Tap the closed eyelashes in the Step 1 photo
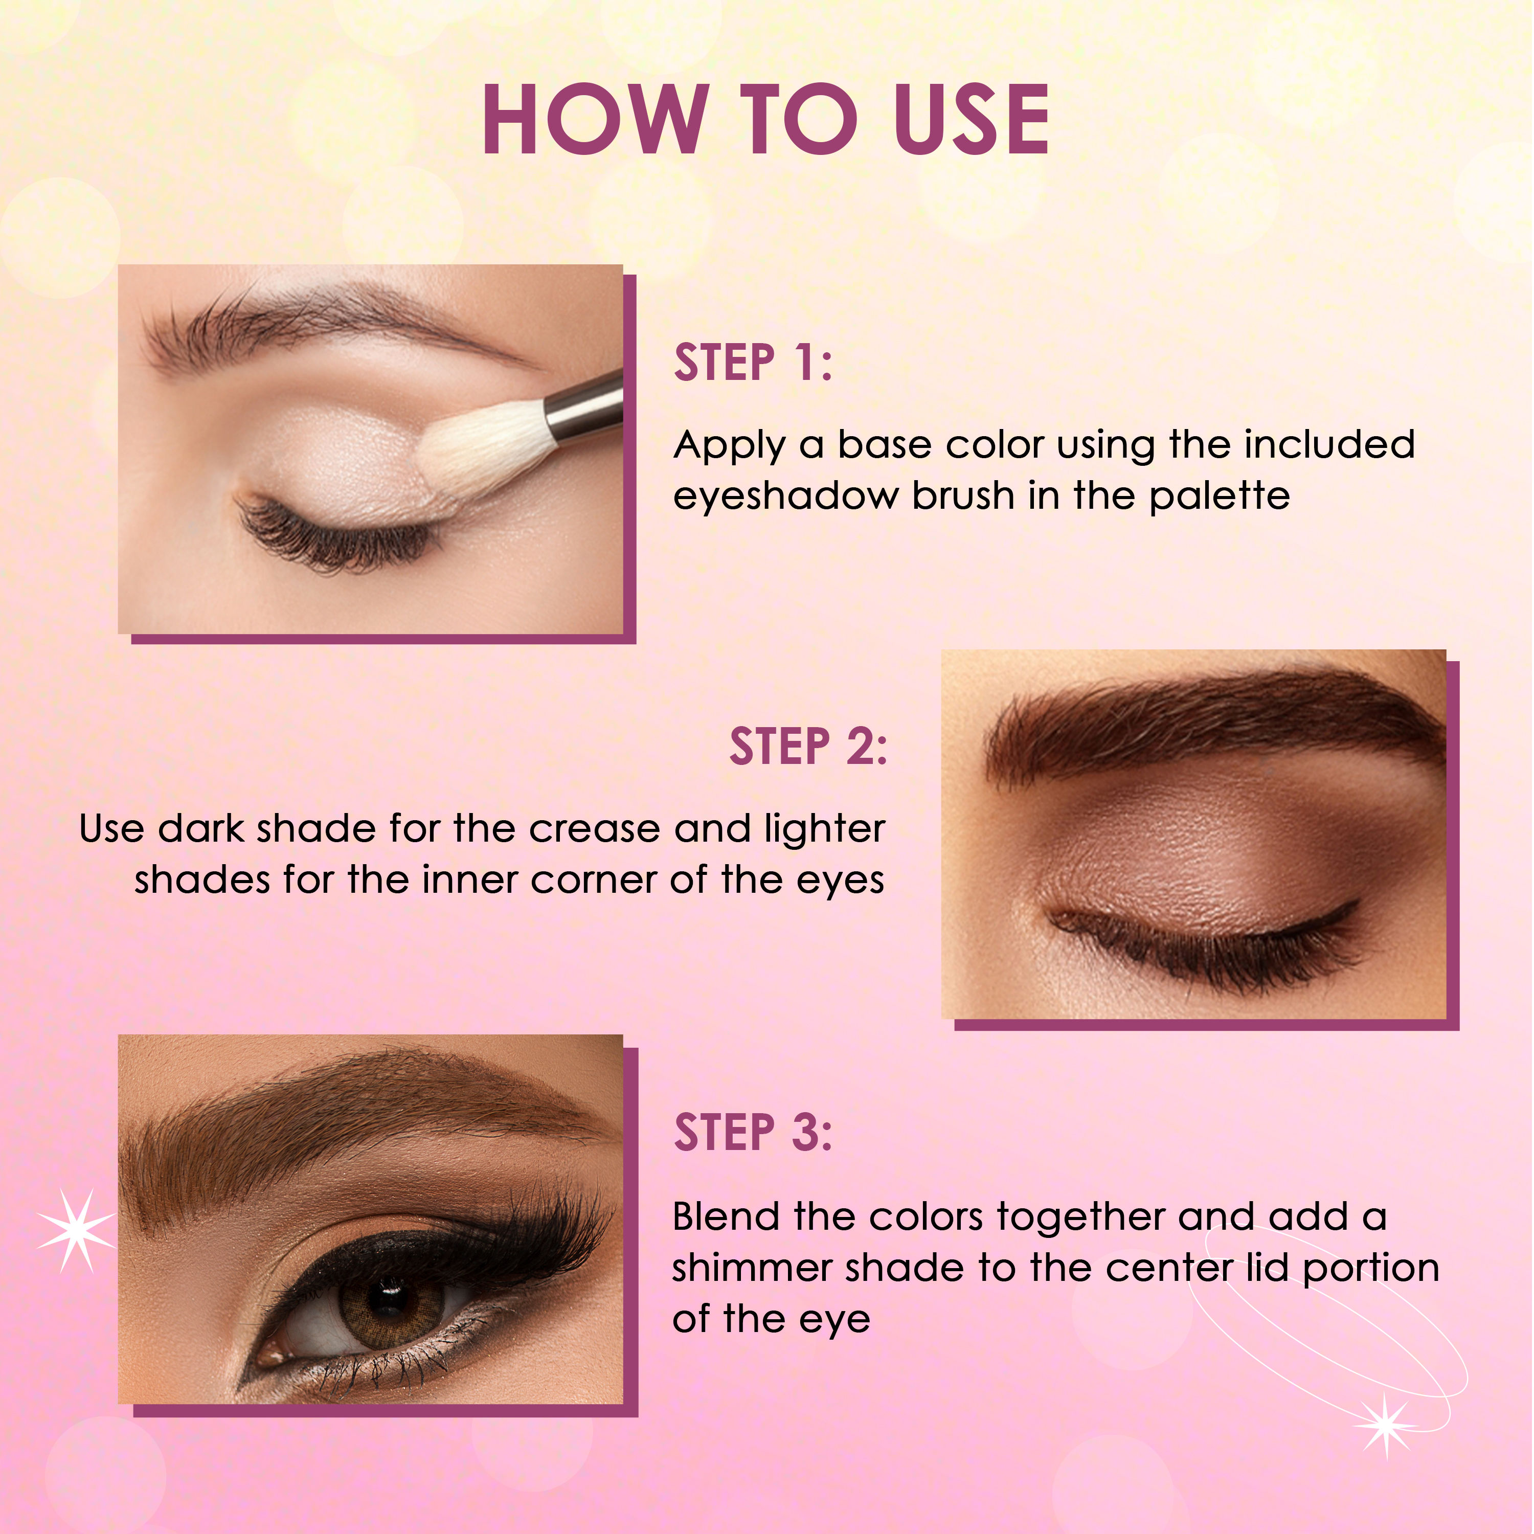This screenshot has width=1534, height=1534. click(x=333, y=540)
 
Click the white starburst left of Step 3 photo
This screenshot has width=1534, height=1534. click(x=76, y=1231)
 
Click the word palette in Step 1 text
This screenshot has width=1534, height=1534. click(x=1219, y=496)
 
